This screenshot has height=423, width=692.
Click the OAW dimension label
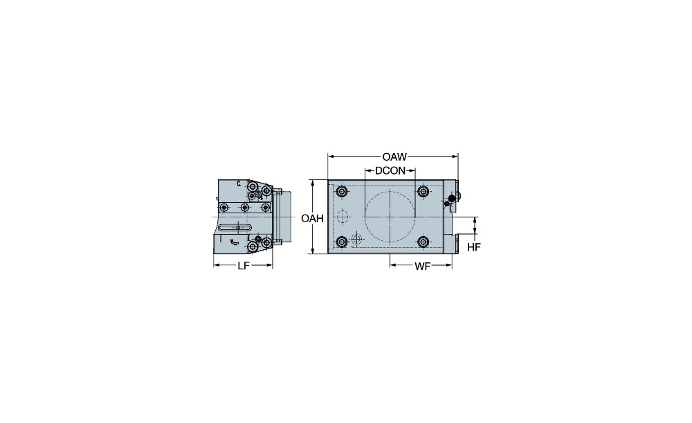(x=394, y=156)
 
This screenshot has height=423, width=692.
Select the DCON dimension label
(x=390, y=171)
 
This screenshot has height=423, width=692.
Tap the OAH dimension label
(x=313, y=219)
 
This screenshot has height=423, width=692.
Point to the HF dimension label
(x=473, y=247)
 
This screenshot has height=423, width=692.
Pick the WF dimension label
(x=422, y=267)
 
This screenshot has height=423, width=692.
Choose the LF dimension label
(x=243, y=266)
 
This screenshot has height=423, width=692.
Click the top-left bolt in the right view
(x=341, y=192)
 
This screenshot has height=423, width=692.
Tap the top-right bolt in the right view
(x=424, y=192)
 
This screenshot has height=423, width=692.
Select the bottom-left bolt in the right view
(x=341, y=242)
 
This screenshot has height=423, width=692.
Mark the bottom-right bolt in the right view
(x=424, y=242)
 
